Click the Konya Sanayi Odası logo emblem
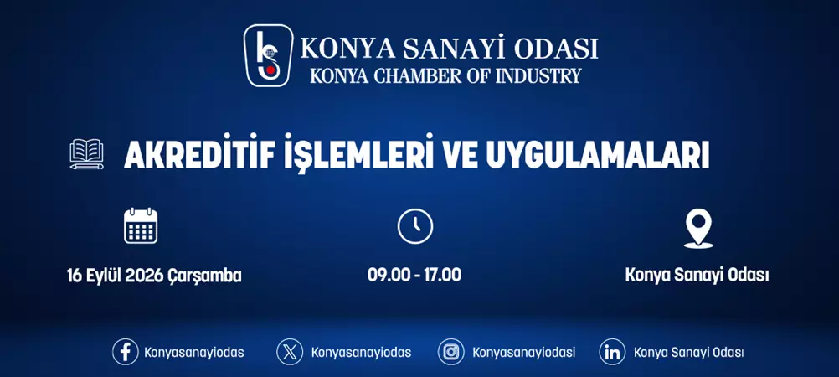point(268,55)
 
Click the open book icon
point(87,154)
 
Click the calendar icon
point(141,225)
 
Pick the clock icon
point(414,226)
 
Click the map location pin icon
point(697,228)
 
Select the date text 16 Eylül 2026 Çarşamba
point(154,275)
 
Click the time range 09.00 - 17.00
point(414,275)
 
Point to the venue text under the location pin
point(697,275)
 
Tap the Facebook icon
point(125,352)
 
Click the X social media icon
point(290,352)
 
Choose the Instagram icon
point(450,352)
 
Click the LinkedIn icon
point(612,352)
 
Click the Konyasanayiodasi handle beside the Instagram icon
point(523,353)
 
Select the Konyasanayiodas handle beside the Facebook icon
point(194,353)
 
